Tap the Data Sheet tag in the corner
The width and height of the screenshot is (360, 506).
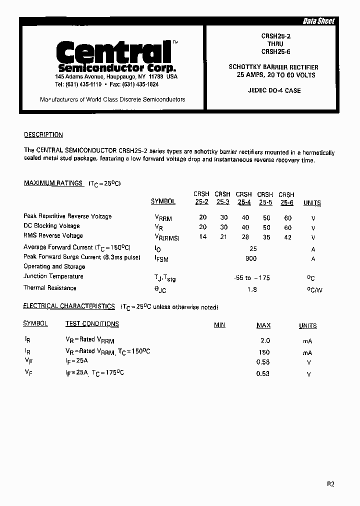click(x=318, y=21)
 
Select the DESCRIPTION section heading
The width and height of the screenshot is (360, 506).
click(x=43, y=135)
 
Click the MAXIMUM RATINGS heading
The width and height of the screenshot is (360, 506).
click(x=53, y=183)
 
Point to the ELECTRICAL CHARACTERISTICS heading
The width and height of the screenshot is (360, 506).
click(x=69, y=306)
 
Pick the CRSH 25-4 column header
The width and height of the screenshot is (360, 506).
click(x=244, y=198)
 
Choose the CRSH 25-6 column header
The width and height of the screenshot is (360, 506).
click(x=286, y=198)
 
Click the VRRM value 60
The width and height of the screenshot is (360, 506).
click(x=287, y=218)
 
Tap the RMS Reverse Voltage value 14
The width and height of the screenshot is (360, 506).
click(x=202, y=237)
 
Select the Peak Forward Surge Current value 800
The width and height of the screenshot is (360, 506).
click(x=251, y=258)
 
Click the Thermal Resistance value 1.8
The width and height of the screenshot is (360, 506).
click(x=252, y=289)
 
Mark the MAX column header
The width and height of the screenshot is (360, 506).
click(x=263, y=325)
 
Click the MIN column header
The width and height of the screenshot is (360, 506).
click(x=219, y=325)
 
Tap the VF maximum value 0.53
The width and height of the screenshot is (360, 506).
click(x=263, y=373)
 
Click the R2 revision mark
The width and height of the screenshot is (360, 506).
click(x=330, y=484)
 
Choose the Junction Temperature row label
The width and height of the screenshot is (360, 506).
click(x=53, y=276)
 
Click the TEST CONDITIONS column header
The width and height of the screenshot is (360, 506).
click(x=92, y=324)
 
